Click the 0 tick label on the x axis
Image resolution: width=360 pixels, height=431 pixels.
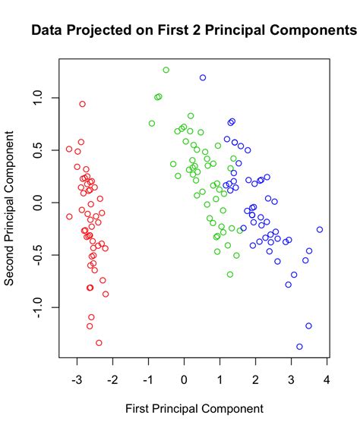[184, 377]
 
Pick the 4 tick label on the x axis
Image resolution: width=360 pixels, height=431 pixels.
[327, 377]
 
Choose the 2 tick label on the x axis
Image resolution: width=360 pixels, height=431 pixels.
[255, 377]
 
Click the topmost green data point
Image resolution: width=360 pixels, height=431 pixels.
[166, 70]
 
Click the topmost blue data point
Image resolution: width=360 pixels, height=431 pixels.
[203, 77]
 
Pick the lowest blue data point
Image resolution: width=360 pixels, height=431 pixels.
[299, 347]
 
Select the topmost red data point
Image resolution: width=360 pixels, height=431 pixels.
[82, 104]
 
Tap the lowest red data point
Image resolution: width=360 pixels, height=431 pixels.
[99, 343]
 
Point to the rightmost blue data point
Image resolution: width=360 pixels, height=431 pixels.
[320, 229]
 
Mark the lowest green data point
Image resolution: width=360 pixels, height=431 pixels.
[230, 275]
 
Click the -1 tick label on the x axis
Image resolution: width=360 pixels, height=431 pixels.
[147, 377]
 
